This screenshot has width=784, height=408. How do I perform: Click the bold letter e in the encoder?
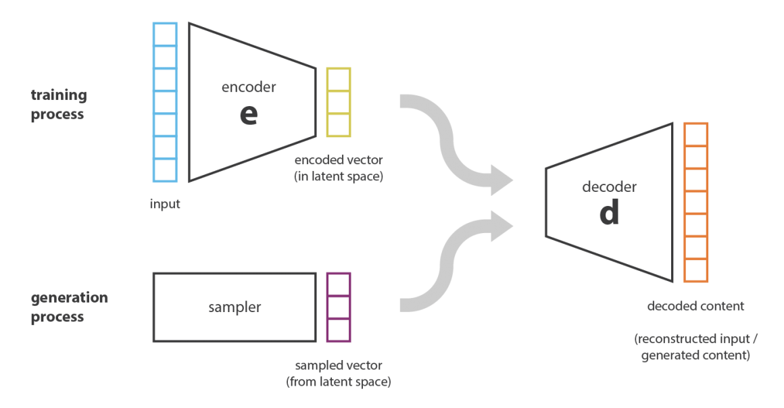tap(248, 114)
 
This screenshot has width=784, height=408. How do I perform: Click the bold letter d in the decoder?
tap(609, 213)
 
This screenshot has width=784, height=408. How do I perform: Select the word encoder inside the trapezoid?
tap(249, 87)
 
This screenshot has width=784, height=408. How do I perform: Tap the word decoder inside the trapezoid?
tap(610, 186)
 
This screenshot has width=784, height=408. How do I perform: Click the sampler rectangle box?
tap(234, 307)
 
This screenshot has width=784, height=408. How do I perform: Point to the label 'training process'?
tap(58, 105)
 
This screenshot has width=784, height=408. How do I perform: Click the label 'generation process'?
tap(70, 307)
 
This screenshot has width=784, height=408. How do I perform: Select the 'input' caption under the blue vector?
tap(165, 203)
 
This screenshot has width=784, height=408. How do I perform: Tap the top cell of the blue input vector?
tap(166, 34)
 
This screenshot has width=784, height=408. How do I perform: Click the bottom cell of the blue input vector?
tap(166, 170)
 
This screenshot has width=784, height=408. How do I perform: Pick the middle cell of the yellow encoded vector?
tap(339, 102)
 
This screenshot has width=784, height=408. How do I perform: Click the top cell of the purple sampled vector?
tap(339, 284)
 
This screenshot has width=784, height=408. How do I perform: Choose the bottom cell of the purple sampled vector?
tap(339, 329)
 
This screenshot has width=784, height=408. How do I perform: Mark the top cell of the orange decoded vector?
tap(696, 134)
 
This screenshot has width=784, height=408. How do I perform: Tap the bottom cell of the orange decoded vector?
tap(696, 271)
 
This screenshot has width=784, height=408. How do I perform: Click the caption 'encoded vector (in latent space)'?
tap(338, 168)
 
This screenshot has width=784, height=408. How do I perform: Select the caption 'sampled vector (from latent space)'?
tap(339, 374)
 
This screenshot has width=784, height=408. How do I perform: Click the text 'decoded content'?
tap(695, 306)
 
